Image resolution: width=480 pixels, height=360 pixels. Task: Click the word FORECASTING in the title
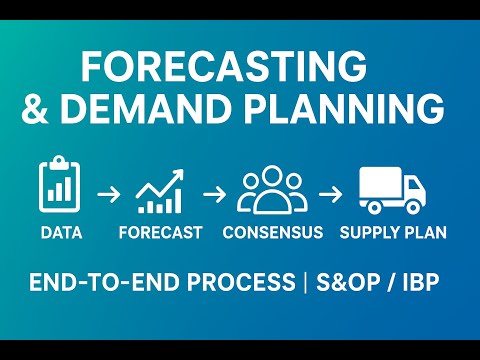(222, 66)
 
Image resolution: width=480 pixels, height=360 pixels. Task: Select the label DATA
(61, 233)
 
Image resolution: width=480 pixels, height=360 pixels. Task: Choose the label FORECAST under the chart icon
(159, 233)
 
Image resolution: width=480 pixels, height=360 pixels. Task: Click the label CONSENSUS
(273, 233)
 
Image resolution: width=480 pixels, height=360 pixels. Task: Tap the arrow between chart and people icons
(213, 190)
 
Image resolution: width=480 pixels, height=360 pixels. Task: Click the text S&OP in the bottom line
(344, 283)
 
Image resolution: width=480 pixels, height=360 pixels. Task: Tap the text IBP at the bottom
(417, 283)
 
